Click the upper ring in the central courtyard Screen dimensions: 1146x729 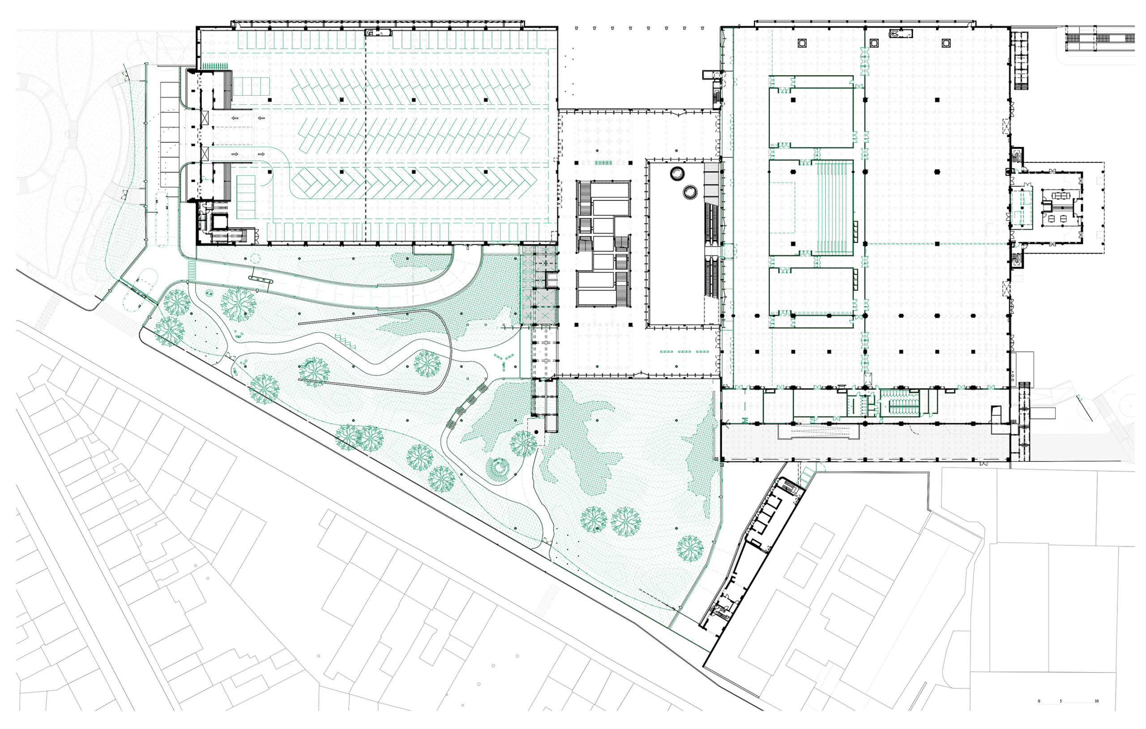click(677, 174)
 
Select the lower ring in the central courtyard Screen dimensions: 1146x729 click(689, 192)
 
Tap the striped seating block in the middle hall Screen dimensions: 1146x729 click(835, 208)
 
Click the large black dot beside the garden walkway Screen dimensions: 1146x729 click(536, 431)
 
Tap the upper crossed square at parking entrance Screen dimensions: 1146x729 click(205, 118)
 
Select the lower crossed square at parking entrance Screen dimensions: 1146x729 click(205, 153)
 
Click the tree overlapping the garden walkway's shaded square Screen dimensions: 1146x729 click(523, 443)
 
